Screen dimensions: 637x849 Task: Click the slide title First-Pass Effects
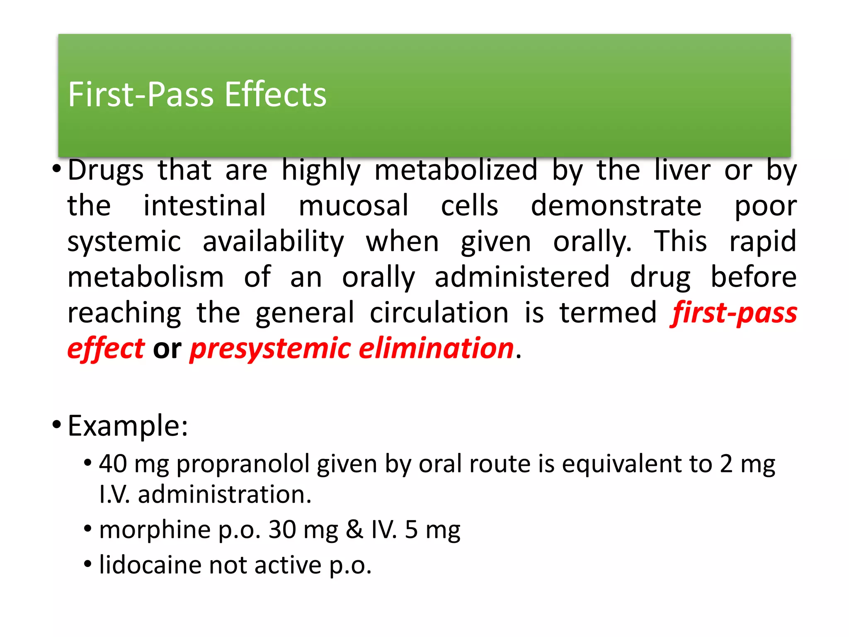(197, 95)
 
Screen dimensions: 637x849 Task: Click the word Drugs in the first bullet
(105, 170)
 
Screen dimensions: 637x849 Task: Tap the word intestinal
(204, 206)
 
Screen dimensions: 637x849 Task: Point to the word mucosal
(354, 206)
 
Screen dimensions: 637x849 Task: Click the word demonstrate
(616, 206)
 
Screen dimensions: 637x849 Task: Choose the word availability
(273, 242)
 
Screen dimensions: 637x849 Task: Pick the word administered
(522, 277)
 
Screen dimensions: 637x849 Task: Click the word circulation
(439, 313)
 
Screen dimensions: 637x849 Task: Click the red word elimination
(436, 348)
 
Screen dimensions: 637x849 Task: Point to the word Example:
(128, 426)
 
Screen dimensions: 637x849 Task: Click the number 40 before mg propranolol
(113, 464)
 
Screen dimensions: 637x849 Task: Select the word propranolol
(243, 464)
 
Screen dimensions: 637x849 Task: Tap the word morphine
(155, 530)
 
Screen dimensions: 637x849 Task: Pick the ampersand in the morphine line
(354, 530)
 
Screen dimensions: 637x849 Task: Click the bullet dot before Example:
(57, 425)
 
